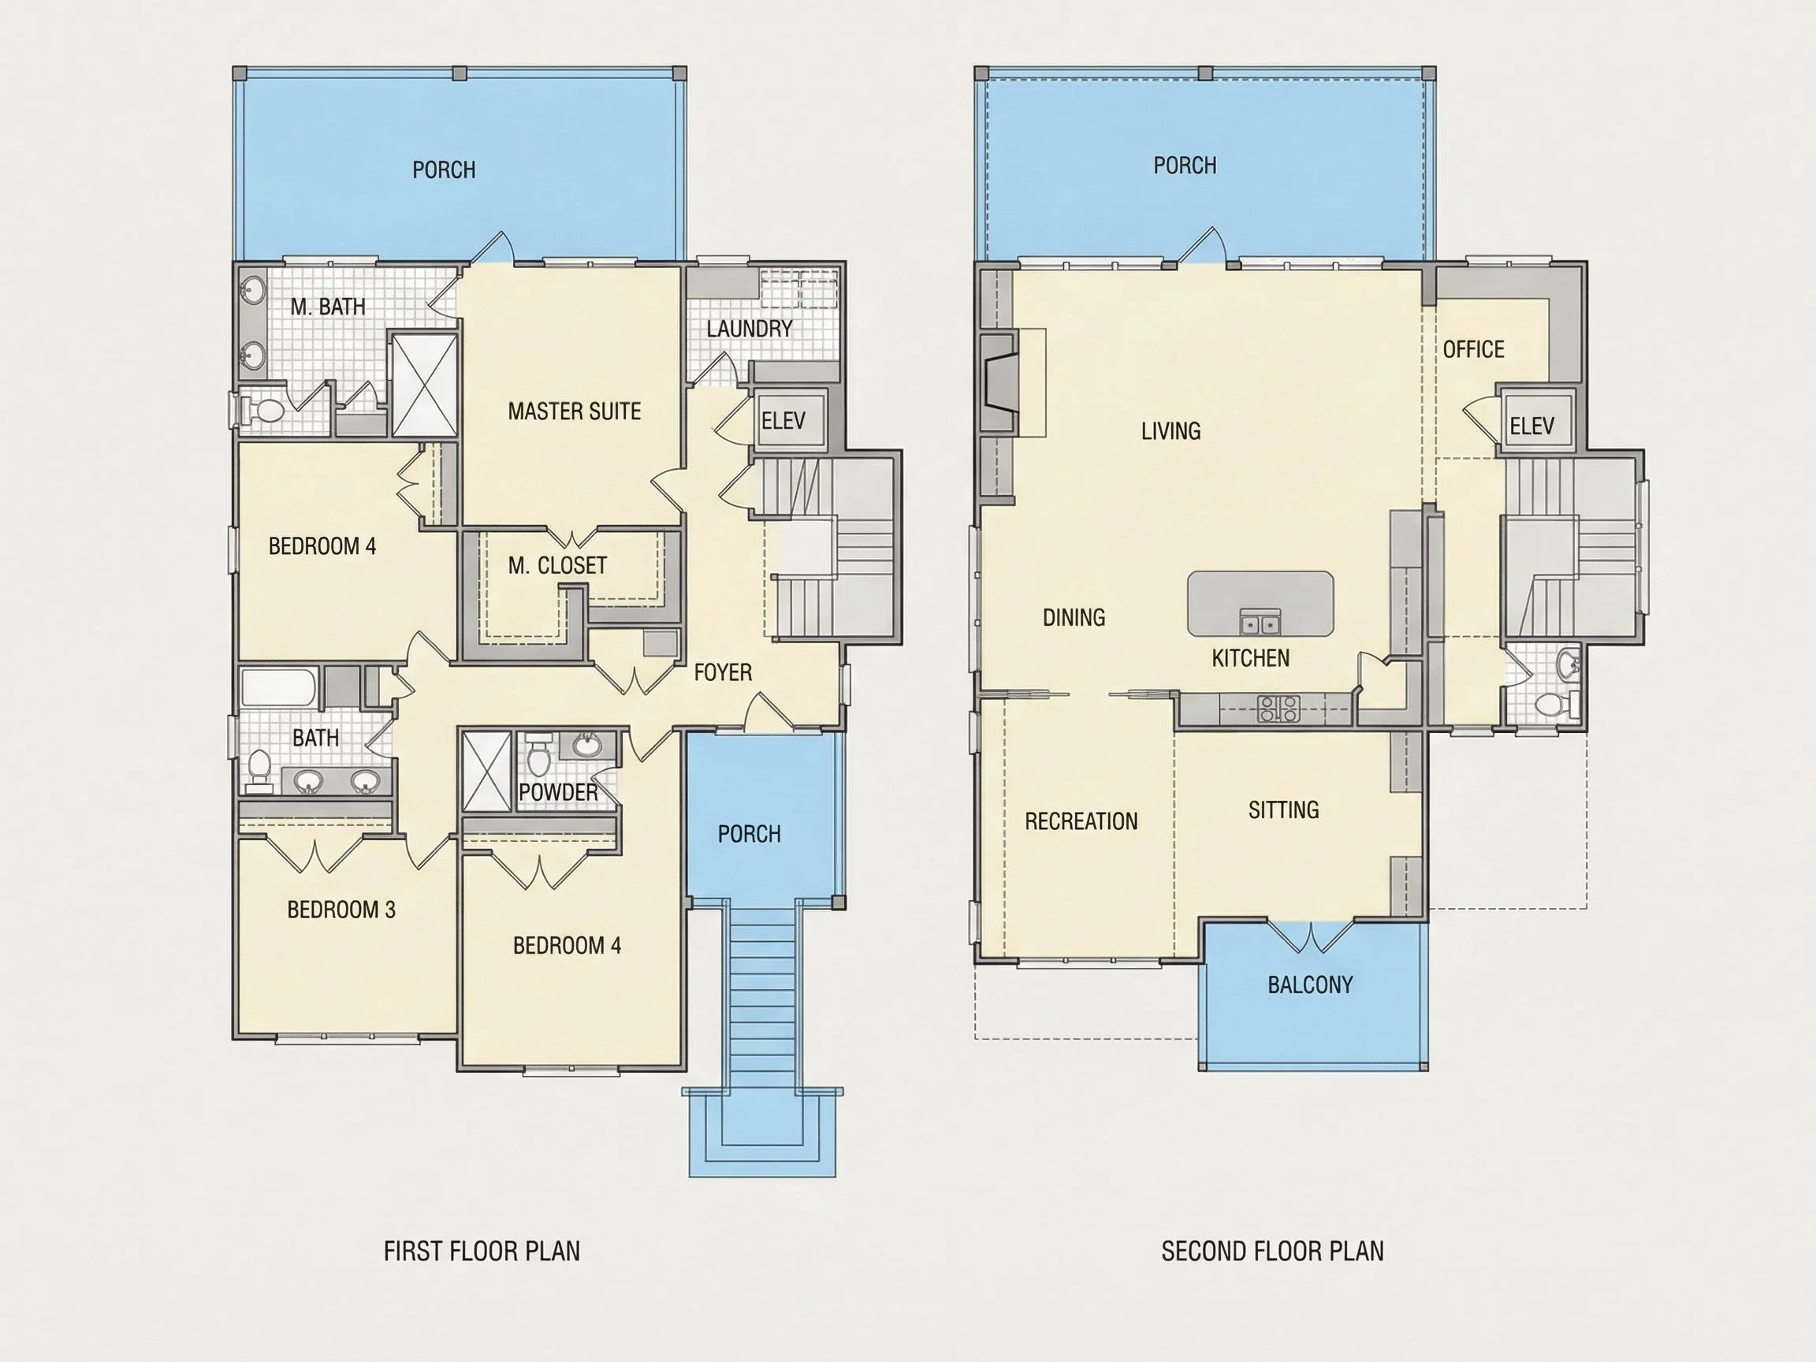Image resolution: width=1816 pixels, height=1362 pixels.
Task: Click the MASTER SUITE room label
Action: tap(574, 411)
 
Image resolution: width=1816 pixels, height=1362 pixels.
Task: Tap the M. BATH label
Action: tap(328, 307)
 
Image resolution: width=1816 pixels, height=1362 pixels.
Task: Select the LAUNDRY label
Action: tap(749, 329)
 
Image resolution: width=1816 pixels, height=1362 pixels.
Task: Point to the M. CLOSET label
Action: tap(557, 566)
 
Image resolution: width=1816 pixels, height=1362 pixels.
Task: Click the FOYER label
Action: tap(723, 673)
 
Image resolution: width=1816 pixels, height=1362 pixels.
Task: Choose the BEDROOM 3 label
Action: tap(340, 910)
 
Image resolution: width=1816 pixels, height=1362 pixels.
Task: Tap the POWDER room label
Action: tap(558, 792)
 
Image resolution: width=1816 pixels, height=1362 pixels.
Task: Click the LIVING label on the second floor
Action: tap(1170, 431)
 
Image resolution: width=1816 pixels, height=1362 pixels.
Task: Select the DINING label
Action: tap(1074, 617)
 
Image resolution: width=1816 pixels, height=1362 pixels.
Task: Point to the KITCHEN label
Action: tap(1250, 658)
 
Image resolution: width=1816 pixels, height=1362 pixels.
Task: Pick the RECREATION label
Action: tap(1081, 822)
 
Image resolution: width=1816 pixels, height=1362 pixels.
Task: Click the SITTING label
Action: tap(1284, 810)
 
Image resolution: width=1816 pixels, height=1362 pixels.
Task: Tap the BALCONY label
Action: tap(1310, 985)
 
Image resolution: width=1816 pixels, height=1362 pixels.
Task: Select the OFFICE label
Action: tap(1474, 350)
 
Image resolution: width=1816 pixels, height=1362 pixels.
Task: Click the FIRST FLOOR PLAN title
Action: tap(482, 1251)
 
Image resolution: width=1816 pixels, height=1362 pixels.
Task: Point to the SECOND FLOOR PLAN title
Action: tap(1272, 1251)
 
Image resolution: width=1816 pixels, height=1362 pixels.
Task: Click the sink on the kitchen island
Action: tap(1260, 623)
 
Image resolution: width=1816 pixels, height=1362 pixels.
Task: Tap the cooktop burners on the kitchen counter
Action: tap(1279, 709)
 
